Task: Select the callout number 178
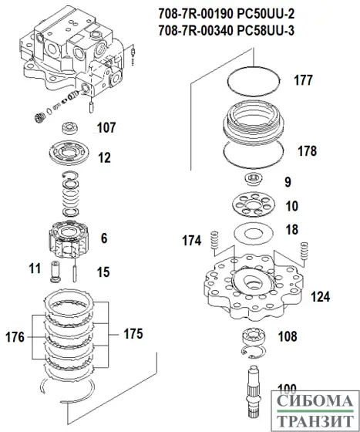tap(307, 150)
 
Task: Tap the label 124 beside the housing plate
tap(320, 295)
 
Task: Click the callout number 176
tap(14, 336)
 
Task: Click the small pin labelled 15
tap(75, 271)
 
